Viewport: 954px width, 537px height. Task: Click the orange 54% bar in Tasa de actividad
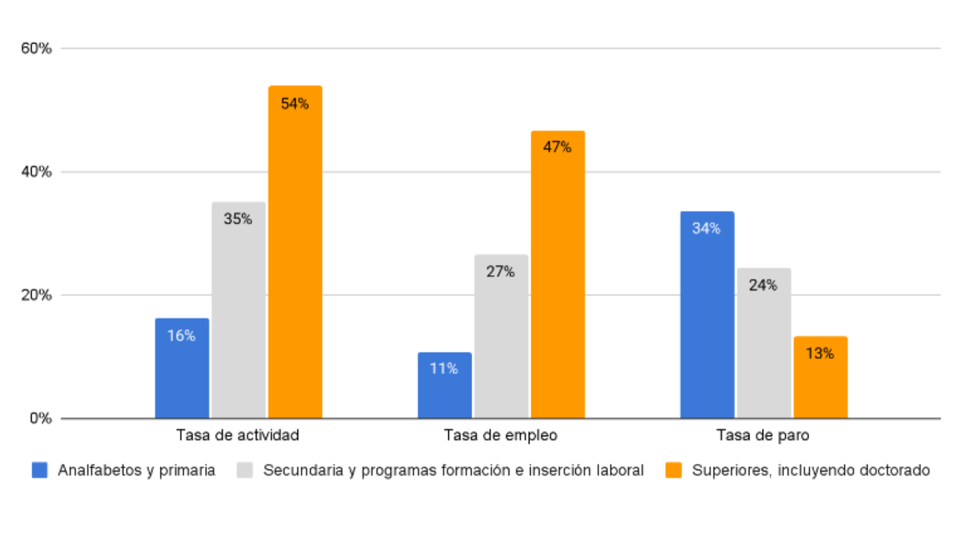(295, 251)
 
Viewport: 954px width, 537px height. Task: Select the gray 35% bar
(238, 310)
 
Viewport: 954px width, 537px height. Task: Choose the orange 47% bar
(557, 274)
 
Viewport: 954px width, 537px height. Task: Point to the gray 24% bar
(763, 343)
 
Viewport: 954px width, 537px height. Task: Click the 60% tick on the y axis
(36, 48)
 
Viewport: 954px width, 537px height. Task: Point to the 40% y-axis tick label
(36, 172)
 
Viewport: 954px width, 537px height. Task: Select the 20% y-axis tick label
(36, 295)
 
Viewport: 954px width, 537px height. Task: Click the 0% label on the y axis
(40, 418)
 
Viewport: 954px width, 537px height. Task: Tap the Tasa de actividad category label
(237, 435)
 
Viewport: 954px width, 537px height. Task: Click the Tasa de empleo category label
(500, 435)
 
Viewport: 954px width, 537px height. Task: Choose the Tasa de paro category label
(763, 435)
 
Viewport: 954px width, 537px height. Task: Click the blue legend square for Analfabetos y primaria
(39, 470)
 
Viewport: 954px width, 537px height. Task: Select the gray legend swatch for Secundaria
(244, 470)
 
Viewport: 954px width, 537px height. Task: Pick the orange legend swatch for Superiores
(673, 470)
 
